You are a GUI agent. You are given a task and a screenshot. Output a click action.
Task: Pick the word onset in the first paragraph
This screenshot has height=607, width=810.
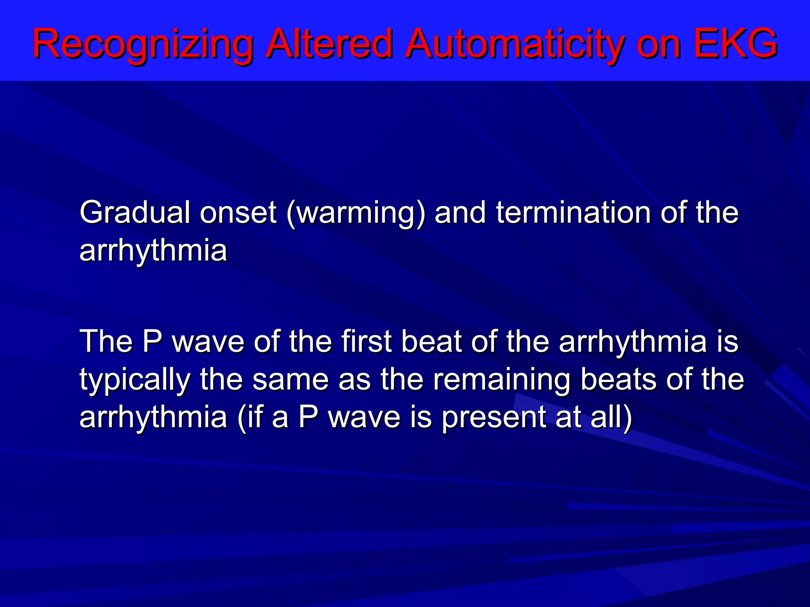(238, 213)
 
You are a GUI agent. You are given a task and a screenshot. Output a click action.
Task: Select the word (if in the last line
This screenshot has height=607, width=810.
(250, 417)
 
